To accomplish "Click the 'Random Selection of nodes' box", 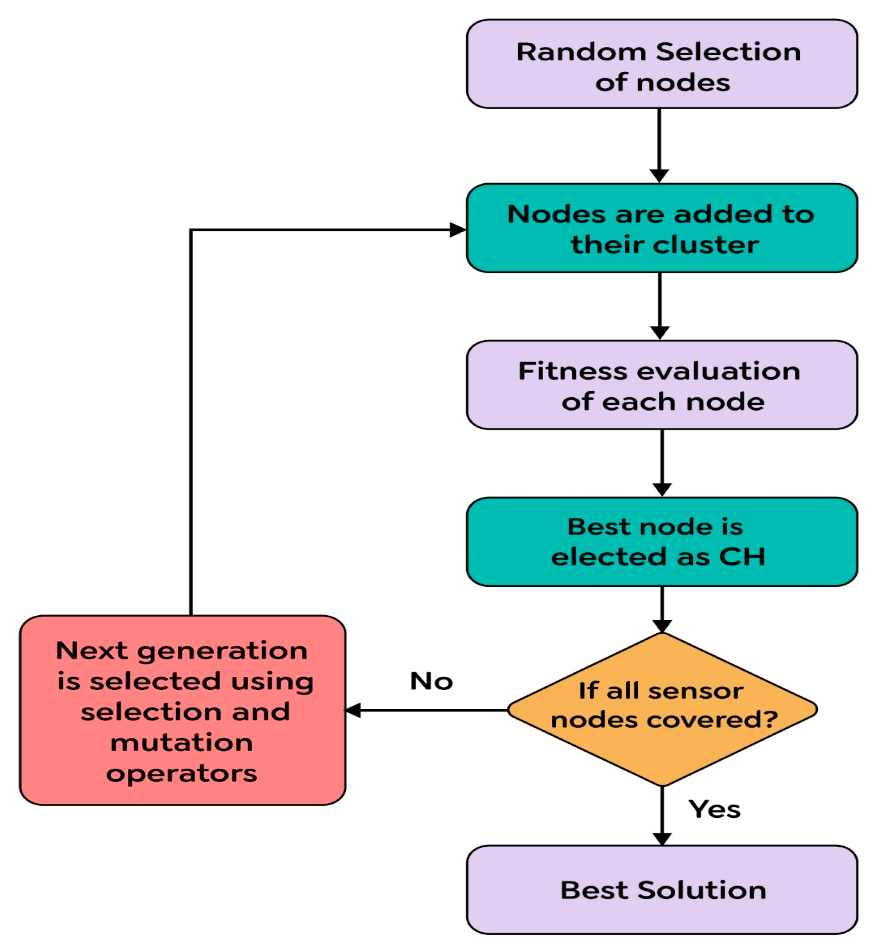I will pos(662,64).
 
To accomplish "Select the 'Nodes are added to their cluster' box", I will pos(662,228).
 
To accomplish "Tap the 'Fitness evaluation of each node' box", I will pos(662,385).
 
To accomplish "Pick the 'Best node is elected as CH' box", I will pos(662,542).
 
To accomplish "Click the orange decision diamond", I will pos(662,709).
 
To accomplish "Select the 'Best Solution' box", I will pos(662,890).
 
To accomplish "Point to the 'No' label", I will pos(431,681).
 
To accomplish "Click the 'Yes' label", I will pos(714,809).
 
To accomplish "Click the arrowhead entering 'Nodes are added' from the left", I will pos(457,230).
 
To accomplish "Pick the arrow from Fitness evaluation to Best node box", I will pos(662,461).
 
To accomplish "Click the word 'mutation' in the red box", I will pos(181,743).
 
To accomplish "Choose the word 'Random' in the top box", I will pos(581,52).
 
